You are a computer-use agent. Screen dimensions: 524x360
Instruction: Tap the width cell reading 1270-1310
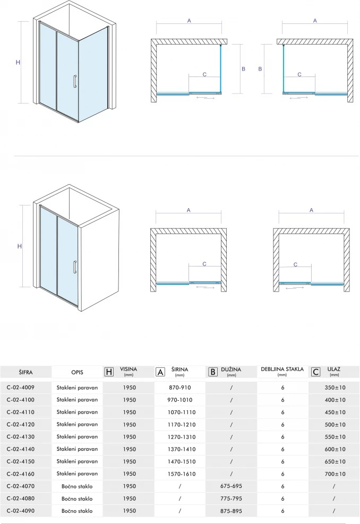[x=180, y=436]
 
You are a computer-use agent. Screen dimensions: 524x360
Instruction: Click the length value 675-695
[x=231, y=486]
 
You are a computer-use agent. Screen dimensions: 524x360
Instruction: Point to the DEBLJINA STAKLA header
[x=282, y=370]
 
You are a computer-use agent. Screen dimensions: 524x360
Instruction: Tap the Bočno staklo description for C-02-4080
[x=78, y=499]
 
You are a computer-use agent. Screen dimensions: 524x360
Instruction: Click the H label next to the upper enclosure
[x=18, y=62]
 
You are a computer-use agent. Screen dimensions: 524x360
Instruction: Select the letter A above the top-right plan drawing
[x=315, y=21]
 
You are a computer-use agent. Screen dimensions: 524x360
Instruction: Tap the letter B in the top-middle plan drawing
[x=243, y=68]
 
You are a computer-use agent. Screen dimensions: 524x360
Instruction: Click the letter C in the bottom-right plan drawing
[x=295, y=264]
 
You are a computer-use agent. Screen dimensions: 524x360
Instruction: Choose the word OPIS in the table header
[x=78, y=372]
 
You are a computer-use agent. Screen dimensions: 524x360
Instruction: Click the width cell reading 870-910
[x=180, y=388]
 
